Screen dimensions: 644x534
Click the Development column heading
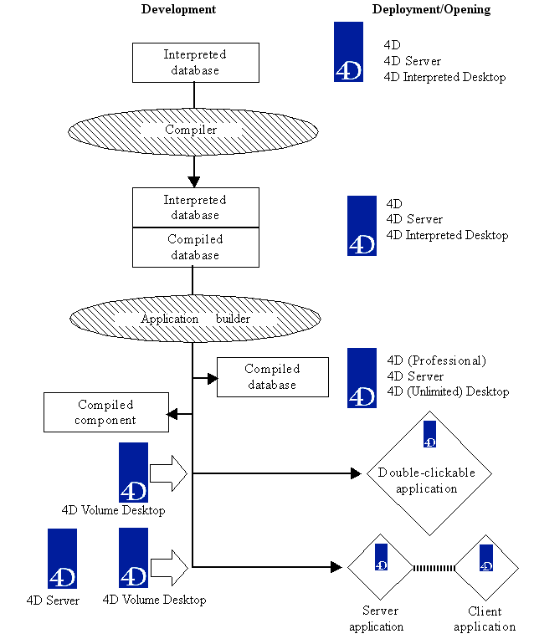178,9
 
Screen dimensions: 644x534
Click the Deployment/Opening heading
431,9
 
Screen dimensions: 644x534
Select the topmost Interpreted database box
194,63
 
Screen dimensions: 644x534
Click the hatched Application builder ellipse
194,319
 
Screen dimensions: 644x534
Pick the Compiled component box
105,412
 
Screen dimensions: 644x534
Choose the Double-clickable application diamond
426,474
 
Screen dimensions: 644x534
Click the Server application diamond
381,567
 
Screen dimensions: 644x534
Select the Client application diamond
485,567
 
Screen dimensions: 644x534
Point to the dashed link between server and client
433,567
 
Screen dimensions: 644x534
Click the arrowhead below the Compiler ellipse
194,181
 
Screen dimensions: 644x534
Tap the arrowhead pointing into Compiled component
172,413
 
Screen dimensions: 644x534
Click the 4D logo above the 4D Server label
62,559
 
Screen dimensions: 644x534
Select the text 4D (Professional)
436,360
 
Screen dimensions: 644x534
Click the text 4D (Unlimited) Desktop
448,391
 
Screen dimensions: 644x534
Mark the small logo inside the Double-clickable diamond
429,435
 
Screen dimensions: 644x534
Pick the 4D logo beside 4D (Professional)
362,378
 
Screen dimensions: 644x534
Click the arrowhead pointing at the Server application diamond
337,567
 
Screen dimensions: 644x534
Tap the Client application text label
485,619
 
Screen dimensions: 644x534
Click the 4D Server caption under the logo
53,601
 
